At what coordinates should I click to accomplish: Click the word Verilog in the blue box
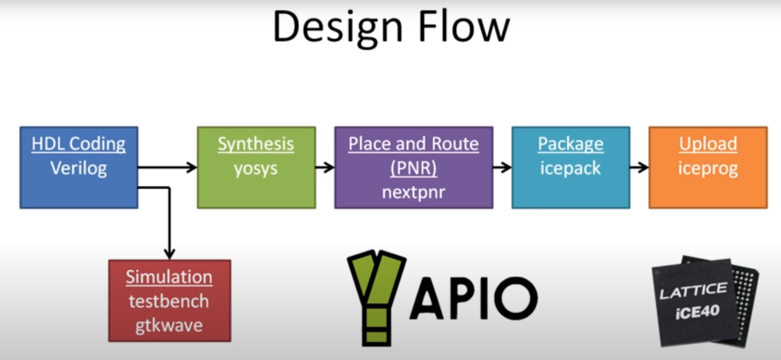click(x=79, y=169)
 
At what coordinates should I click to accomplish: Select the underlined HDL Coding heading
click(x=79, y=144)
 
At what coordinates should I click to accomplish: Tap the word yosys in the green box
click(x=256, y=169)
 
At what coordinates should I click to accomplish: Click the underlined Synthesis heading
click(x=256, y=144)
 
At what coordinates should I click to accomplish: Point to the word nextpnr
click(x=413, y=192)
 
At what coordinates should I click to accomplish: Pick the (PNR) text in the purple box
click(x=413, y=169)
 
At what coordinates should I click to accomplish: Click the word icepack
click(x=571, y=169)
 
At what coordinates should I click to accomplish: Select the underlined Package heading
click(x=571, y=144)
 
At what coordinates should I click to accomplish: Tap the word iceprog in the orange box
click(x=708, y=169)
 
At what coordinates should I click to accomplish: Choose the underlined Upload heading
click(x=708, y=144)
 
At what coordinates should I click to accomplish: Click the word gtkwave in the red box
click(x=169, y=325)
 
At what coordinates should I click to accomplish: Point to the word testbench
click(x=169, y=301)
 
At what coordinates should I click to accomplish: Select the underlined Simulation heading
click(x=169, y=277)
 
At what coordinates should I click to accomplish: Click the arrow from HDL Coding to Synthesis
click(x=167, y=167)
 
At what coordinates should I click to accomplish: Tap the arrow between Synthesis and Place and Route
click(x=325, y=167)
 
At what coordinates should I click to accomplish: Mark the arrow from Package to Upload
click(x=639, y=167)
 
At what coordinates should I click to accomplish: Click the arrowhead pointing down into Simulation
click(x=169, y=254)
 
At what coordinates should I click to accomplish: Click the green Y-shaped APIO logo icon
click(x=376, y=297)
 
